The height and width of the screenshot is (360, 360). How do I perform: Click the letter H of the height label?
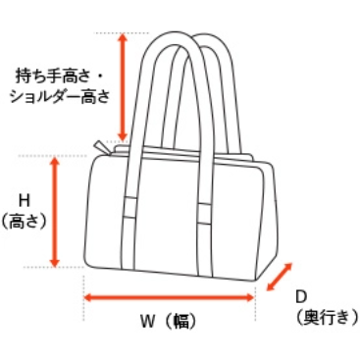(x=25, y=200)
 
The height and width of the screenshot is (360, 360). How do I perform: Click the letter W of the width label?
(x=147, y=322)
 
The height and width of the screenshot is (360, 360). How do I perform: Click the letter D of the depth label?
(x=301, y=297)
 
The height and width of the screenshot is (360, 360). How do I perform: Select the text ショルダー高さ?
(x=60, y=96)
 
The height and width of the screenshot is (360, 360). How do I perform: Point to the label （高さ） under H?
(x=25, y=221)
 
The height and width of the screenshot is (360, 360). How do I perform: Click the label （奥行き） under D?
(x=327, y=317)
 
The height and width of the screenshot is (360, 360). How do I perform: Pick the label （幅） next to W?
(x=180, y=322)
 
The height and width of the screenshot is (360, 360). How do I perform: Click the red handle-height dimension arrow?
(x=123, y=87)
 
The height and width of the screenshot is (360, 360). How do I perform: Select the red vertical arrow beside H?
(x=55, y=212)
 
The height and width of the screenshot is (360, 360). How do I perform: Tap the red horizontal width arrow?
(x=169, y=297)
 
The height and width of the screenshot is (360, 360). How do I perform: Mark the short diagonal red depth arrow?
(x=279, y=277)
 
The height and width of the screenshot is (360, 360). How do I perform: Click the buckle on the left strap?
(x=130, y=207)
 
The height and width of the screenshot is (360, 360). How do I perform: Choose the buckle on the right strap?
(x=205, y=214)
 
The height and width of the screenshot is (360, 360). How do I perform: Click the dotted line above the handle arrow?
(x=122, y=32)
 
